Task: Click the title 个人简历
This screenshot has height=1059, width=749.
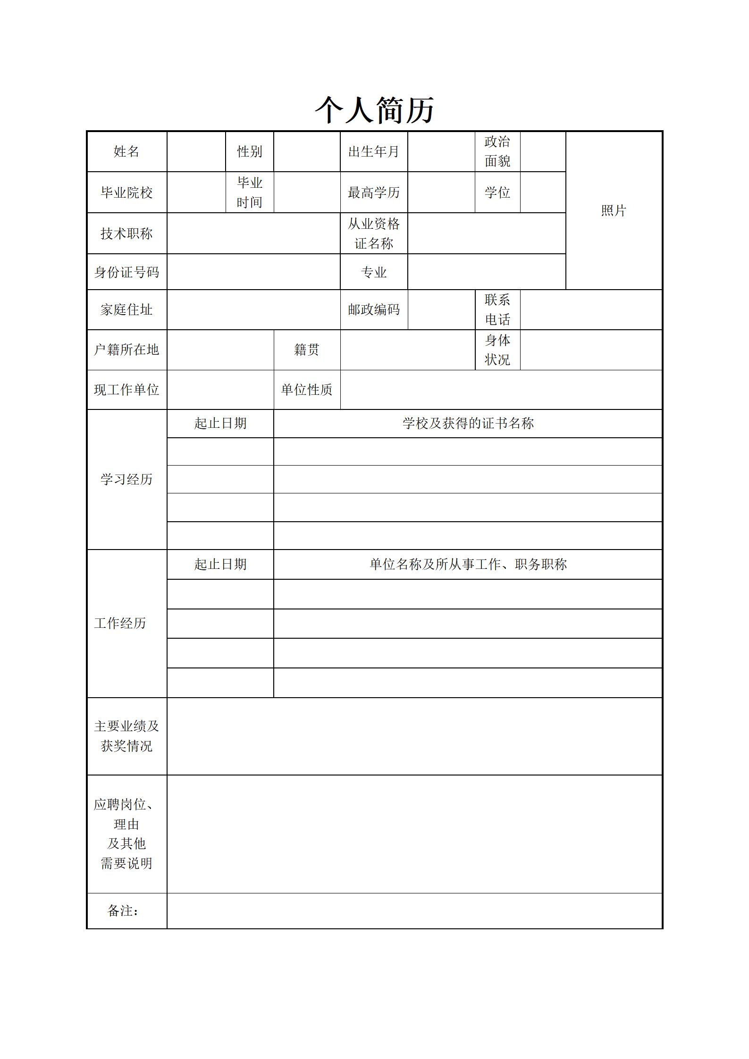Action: [x=374, y=110]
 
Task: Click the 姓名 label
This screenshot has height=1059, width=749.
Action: [x=126, y=151]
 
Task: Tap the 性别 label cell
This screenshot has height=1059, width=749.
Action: [x=249, y=151]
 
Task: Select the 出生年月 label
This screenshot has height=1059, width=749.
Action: [x=373, y=151]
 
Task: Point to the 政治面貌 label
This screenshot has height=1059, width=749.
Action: [x=497, y=151]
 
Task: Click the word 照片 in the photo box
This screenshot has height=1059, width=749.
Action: [x=613, y=210]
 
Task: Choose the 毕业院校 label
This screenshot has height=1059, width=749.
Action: [x=126, y=192]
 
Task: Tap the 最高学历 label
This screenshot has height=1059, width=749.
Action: [x=373, y=192]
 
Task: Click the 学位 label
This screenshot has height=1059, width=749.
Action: [x=497, y=192]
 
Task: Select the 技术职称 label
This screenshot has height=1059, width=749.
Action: [x=126, y=233]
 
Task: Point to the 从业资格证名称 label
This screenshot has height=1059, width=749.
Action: [x=373, y=233]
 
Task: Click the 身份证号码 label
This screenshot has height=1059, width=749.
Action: [x=126, y=272]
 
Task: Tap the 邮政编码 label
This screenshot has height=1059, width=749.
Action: [x=373, y=309]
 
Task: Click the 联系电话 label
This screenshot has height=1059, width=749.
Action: [x=497, y=309]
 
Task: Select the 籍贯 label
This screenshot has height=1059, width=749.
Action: [x=306, y=350]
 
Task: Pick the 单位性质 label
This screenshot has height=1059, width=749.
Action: [x=306, y=390]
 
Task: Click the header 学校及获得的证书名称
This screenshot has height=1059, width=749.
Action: [x=468, y=423]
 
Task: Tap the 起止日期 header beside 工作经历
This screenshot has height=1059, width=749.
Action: [x=220, y=564]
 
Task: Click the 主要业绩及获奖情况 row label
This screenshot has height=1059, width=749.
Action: [x=126, y=736]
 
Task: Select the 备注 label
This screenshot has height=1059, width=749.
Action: [x=123, y=910]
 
